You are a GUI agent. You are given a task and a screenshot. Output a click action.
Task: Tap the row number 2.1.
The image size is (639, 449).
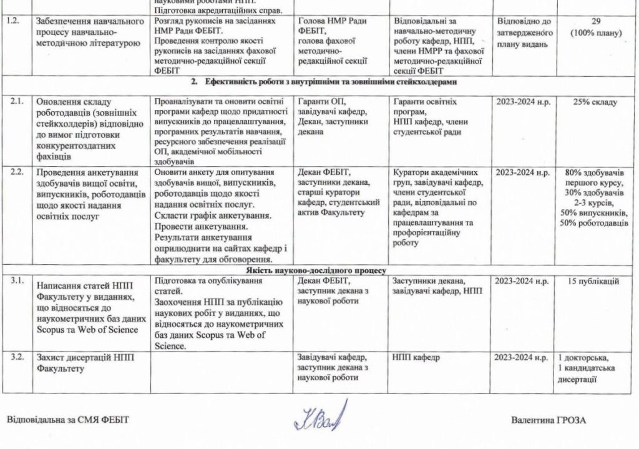coord(12,101)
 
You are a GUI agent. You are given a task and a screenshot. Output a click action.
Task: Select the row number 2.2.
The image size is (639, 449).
coord(12,172)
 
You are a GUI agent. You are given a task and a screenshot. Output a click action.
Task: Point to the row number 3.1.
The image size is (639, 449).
coord(12,280)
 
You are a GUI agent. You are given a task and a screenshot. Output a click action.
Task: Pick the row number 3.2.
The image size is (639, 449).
coord(12,357)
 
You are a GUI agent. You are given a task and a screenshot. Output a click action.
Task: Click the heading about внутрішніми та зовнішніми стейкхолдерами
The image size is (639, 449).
coord(319,82)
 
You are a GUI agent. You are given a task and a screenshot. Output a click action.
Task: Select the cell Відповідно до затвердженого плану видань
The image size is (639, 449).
coord(524,33)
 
